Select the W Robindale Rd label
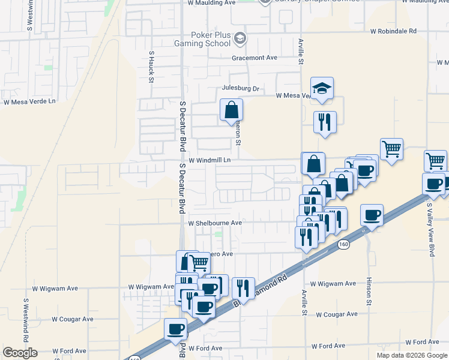tap(393, 31)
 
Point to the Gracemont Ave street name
tap(255, 58)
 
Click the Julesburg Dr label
tap(240, 89)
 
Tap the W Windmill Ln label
tap(209, 161)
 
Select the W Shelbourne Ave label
tap(215, 223)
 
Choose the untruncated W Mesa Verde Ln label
tap(29, 101)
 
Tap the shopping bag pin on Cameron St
tap(232, 110)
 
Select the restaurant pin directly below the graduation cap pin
tap(324, 122)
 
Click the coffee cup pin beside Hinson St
tap(372, 215)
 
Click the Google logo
tap(20, 353)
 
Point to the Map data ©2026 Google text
tap(412, 355)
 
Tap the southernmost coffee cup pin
tap(176, 329)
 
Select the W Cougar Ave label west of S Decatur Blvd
tap(73, 319)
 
